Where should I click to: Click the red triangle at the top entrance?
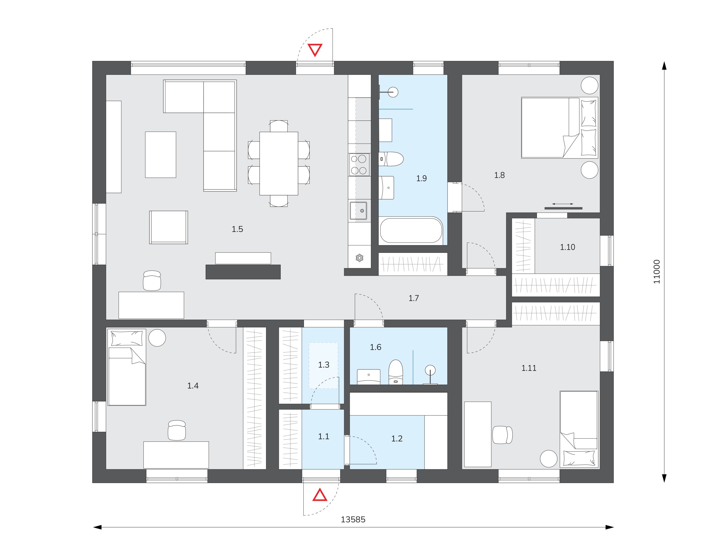(315, 50)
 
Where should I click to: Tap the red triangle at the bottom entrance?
(320, 495)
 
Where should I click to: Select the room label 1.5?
(237, 229)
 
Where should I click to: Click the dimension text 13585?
(353, 519)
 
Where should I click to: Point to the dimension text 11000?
(657, 272)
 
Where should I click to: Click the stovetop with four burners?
(359, 165)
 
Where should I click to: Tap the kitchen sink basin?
(358, 210)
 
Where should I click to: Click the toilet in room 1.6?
(396, 372)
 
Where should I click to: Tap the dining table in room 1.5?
(279, 163)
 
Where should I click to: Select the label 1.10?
(568, 247)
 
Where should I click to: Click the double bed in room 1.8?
(560, 128)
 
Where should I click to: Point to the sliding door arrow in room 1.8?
(563, 204)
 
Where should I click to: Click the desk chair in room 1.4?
(177, 430)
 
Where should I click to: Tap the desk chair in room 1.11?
(502, 435)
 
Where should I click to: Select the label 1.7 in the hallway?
(414, 298)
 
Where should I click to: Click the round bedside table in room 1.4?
(157, 338)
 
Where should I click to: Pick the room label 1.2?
(397, 439)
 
